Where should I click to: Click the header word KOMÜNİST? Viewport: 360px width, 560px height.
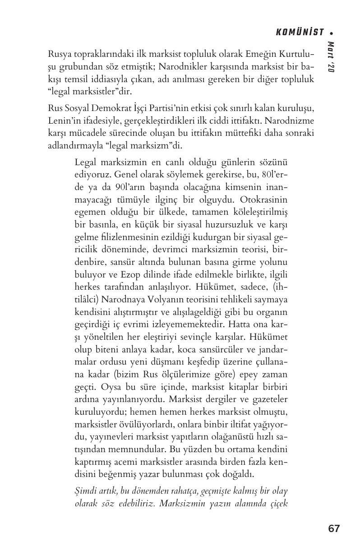coord(300,32)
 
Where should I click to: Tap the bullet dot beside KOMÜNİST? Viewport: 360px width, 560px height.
coord(332,32)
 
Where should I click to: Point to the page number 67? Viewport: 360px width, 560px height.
coord(334,528)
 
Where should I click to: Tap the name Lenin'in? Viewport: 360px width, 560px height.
coord(63,121)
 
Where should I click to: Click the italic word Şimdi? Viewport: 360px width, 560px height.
coord(85,491)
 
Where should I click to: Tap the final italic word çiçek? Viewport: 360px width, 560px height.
coord(277,503)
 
